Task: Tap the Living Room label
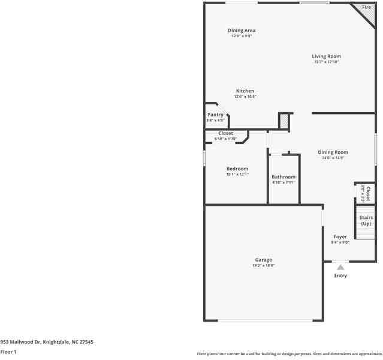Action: (x=326, y=56)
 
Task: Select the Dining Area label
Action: (x=242, y=30)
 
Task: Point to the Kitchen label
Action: (x=244, y=91)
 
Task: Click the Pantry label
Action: (x=215, y=115)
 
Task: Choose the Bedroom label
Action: (x=237, y=169)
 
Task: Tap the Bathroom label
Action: (x=283, y=177)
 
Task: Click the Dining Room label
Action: (x=333, y=152)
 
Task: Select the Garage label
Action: (x=263, y=260)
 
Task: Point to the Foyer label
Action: (x=340, y=237)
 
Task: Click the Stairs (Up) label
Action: (x=366, y=220)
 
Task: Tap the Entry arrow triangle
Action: (x=340, y=267)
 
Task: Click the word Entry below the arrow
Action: (x=340, y=276)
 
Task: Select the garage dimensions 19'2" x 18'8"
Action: (x=263, y=265)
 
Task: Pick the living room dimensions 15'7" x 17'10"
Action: (x=326, y=62)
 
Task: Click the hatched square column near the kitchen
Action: (x=284, y=121)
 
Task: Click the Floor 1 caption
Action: (x=8, y=352)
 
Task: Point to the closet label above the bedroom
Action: (x=225, y=133)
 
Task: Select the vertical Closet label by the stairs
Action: (x=368, y=193)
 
